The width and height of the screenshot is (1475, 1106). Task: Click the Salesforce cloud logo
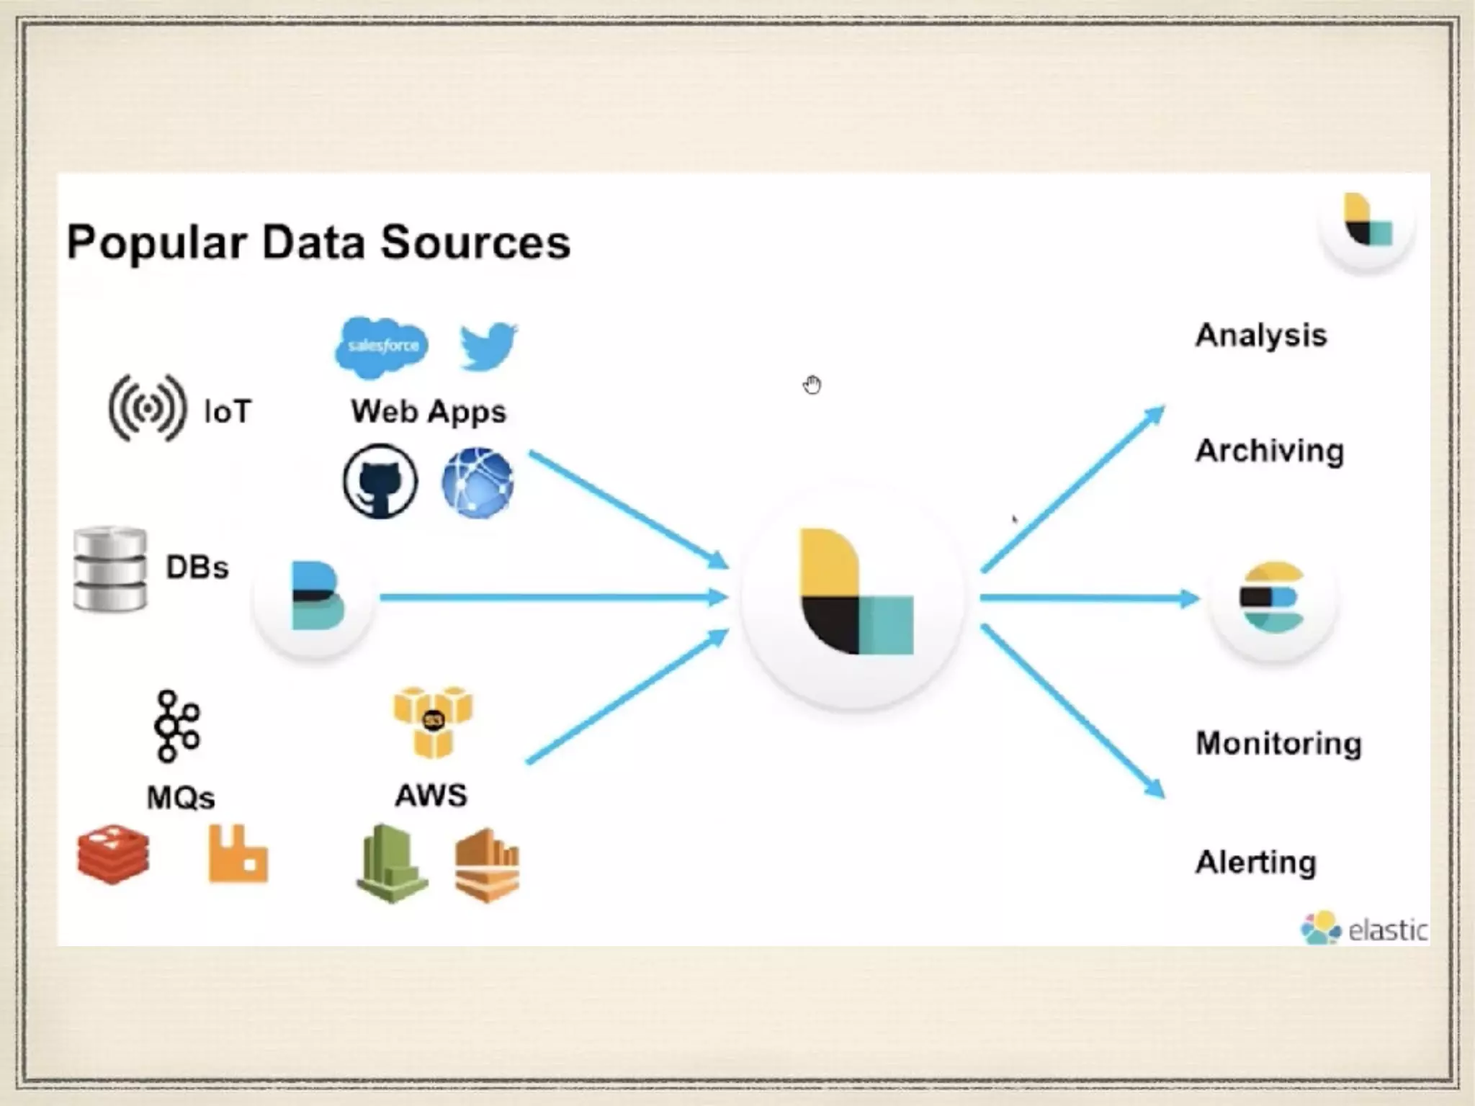382,347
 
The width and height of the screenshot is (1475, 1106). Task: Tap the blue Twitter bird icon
488,346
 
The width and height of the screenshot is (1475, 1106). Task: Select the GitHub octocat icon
380,481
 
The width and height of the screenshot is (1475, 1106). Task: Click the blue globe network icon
478,482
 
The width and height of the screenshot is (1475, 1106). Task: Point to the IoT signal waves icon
148,408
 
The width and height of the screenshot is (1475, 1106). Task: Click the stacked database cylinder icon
110,569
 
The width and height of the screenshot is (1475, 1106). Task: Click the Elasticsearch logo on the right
1272,598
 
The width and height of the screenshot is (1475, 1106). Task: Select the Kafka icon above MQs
176,726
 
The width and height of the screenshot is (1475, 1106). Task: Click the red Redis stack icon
114,854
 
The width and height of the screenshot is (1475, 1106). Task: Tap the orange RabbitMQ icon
238,855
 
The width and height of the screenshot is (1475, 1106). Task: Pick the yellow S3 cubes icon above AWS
433,721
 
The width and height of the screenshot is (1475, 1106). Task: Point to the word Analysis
1261,336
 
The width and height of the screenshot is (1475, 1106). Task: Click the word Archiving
1270,451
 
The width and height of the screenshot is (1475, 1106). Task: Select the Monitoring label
1278,744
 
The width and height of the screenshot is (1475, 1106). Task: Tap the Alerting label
1256,862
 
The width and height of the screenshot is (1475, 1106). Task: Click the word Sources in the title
475,242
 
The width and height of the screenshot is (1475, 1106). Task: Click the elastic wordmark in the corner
1387,930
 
